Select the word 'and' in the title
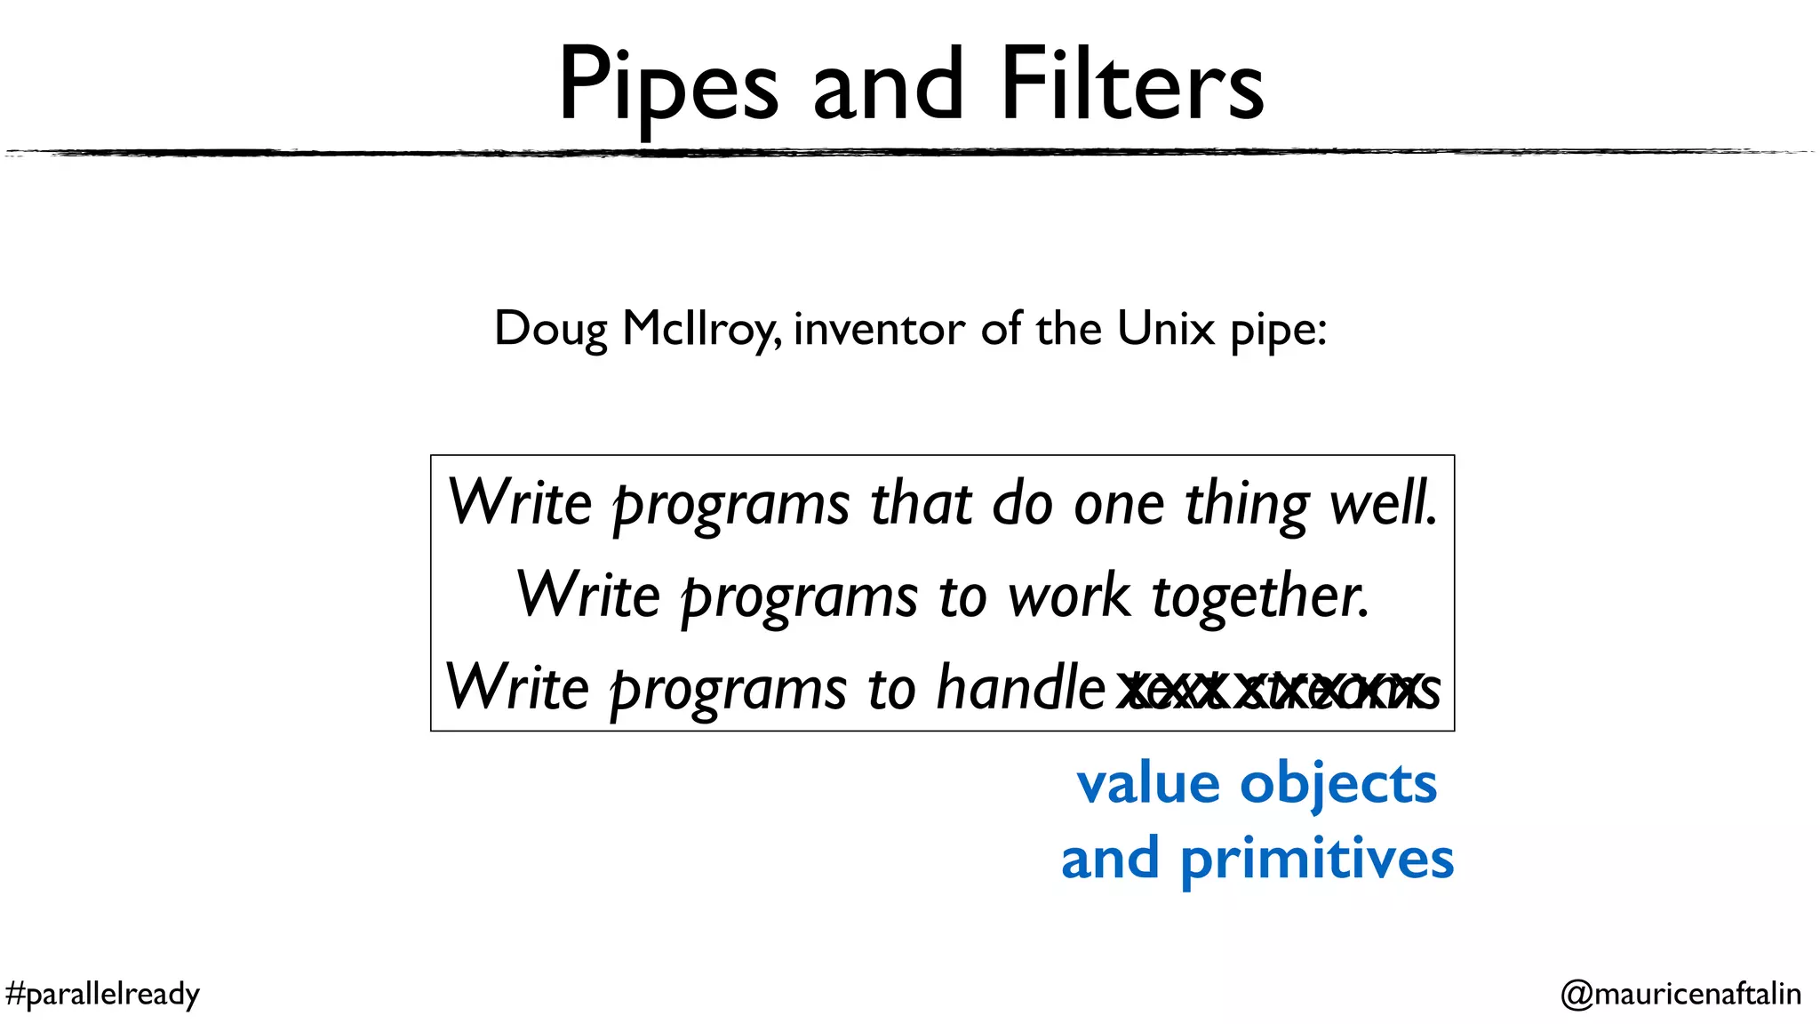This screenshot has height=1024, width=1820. point(888,85)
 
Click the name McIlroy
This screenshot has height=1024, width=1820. point(701,330)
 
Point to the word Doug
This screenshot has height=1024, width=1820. point(550,330)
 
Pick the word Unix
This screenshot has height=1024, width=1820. point(1165,328)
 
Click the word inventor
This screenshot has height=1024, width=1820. point(878,328)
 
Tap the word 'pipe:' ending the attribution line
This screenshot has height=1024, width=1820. point(1278,330)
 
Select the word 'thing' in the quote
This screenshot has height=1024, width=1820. point(1246,504)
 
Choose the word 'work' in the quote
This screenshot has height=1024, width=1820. point(1069,596)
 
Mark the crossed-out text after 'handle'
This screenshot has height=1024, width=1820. point(1276,689)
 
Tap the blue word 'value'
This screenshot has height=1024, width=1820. point(1148,784)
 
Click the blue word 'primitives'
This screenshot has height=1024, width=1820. point(1316,860)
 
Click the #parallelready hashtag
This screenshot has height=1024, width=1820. point(102,994)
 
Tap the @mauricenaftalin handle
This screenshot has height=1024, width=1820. point(1680,994)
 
